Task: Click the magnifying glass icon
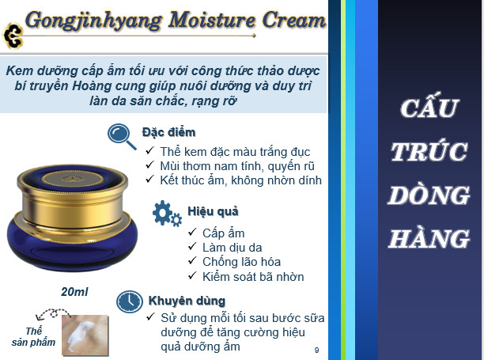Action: (121, 136)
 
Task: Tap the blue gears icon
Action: (167, 214)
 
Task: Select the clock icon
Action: (130, 301)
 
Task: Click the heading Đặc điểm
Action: (168, 132)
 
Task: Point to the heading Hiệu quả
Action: (213, 211)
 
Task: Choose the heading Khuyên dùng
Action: (187, 301)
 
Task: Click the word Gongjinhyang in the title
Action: (93, 21)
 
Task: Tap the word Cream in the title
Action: (293, 20)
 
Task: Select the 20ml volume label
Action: (74, 291)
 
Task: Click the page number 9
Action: (316, 350)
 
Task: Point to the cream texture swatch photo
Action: (85, 335)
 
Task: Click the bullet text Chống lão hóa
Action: (241, 262)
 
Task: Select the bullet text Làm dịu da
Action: (233, 248)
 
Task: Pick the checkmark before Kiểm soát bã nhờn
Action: (192, 275)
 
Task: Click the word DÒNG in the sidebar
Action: (429, 195)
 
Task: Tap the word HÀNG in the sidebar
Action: (429, 239)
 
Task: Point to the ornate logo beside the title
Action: (13, 36)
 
